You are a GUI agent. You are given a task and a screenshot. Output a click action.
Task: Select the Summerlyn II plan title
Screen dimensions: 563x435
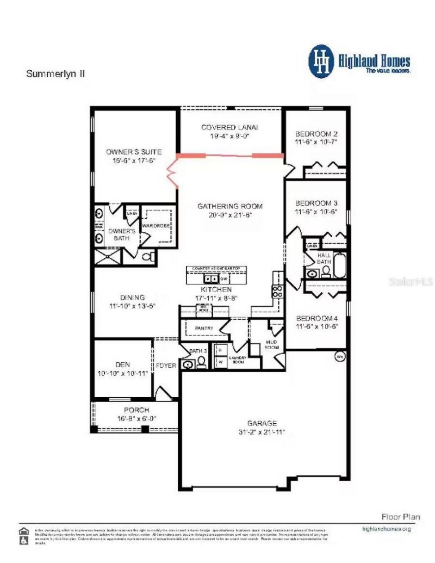coord(55,73)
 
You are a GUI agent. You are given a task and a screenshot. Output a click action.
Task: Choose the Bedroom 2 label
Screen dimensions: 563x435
coord(316,134)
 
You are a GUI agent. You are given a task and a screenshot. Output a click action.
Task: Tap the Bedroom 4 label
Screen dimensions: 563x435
coord(316,318)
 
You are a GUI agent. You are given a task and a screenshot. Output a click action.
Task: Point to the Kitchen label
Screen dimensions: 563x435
coord(216,289)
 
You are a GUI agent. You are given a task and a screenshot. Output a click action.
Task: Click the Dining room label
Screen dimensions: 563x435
coord(133,298)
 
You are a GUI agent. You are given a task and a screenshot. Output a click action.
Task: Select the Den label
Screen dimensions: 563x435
coord(122,365)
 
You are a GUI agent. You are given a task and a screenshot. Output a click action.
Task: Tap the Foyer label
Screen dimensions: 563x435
coord(166,366)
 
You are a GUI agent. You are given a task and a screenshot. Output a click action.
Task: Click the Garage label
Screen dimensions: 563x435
coord(262,423)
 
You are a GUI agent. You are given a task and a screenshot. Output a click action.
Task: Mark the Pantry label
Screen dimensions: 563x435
coord(203,329)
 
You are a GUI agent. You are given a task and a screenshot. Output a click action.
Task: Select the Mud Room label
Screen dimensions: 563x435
coord(271,345)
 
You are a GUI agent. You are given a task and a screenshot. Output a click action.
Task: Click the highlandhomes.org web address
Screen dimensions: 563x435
coord(386,529)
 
